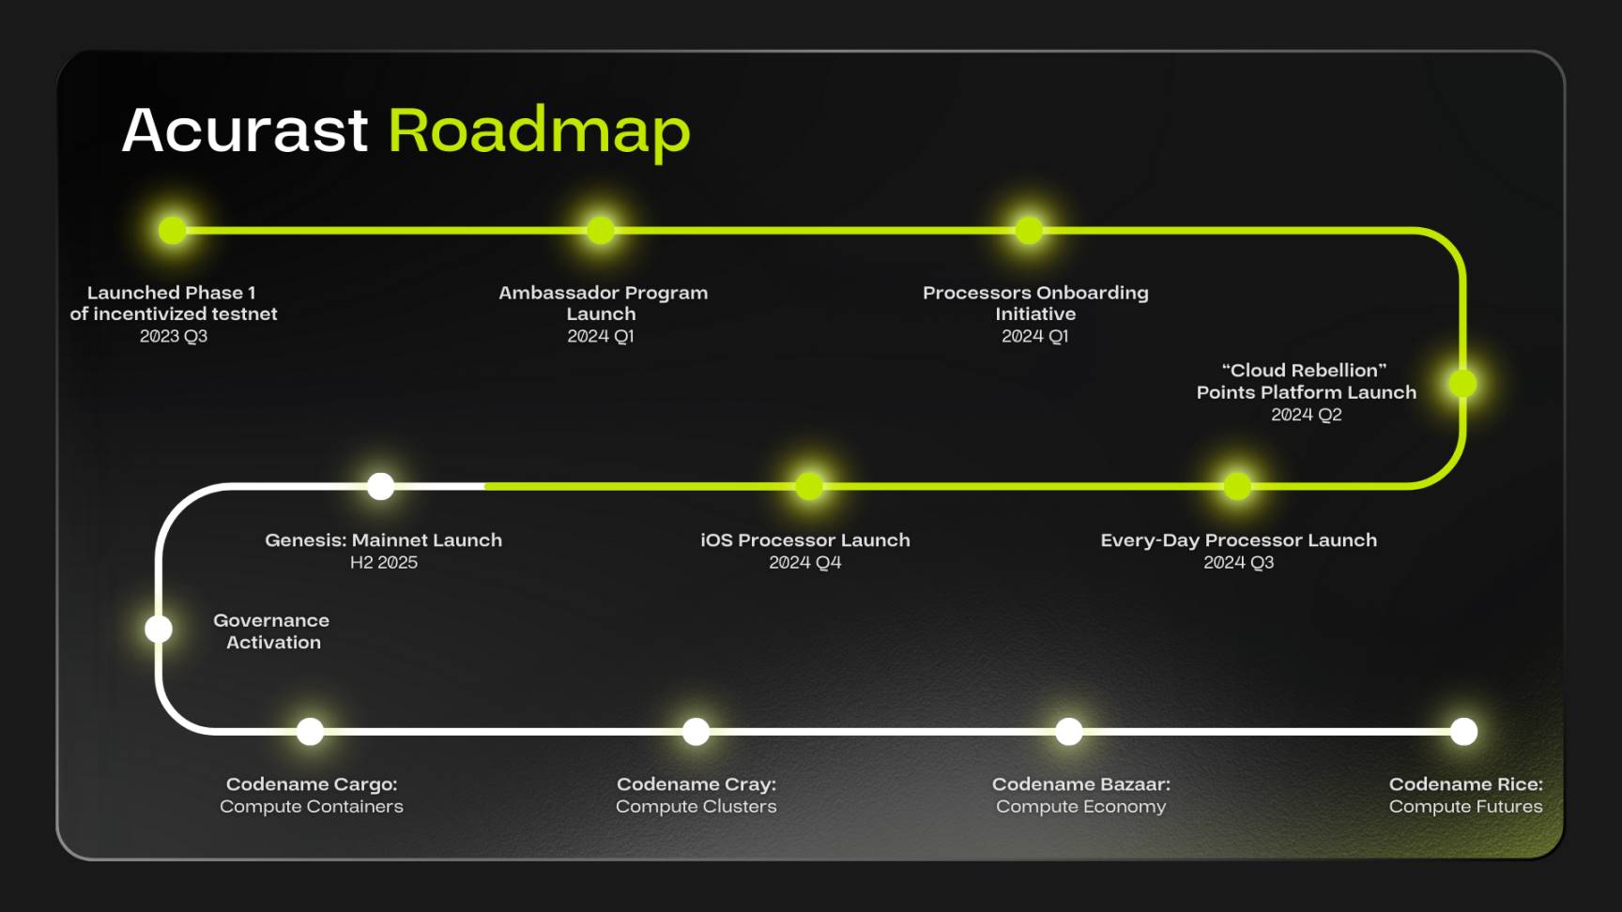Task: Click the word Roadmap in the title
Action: pos(539,132)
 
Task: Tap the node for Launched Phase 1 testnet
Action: pos(173,230)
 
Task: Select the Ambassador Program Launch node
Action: pos(601,230)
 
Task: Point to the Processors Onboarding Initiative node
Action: pos(1030,230)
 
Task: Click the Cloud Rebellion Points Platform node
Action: pos(1462,383)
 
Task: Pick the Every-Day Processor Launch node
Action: pos(1237,486)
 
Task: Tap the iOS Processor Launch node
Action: pos(809,486)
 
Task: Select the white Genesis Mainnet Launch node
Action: pos(380,486)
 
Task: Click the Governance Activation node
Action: pos(159,629)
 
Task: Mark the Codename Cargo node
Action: pos(310,731)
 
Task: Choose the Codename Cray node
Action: pos(696,731)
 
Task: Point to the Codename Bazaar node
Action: pos(1069,731)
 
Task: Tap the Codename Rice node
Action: pos(1463,731)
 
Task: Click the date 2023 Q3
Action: pos(174,336)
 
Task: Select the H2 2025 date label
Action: pos(384,562)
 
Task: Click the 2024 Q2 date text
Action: pos(1307,415)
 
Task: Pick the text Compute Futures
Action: pos(1466,806)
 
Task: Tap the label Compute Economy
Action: pos(1081,807)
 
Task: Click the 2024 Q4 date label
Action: pos(805,562)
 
